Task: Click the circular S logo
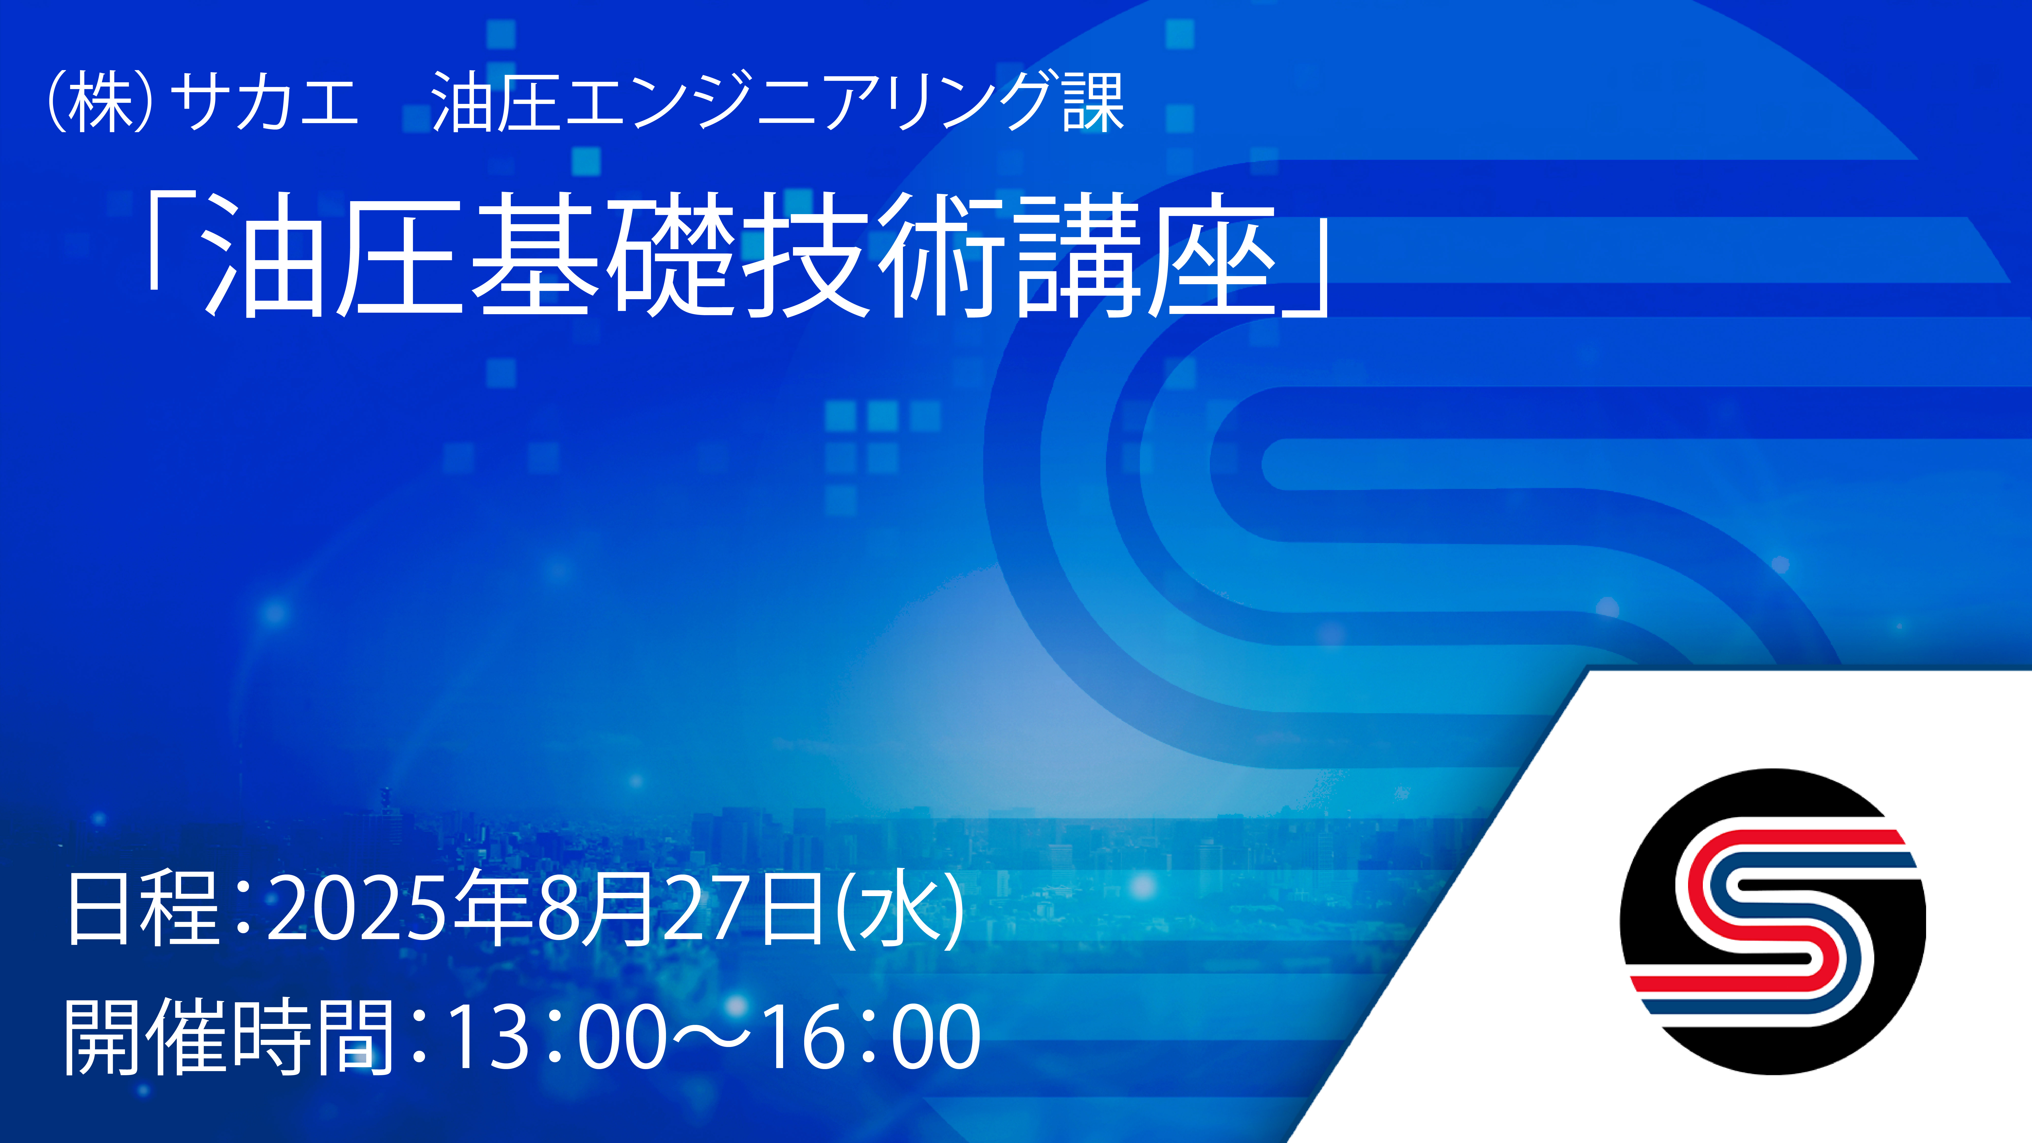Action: pos(1772,921)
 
